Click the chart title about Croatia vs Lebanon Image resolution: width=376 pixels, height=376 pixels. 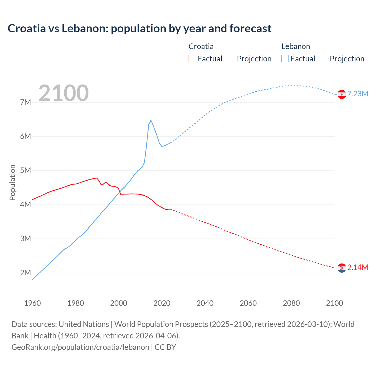[x=140, y=28]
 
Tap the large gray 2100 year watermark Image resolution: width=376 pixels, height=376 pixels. [x=63, y=93]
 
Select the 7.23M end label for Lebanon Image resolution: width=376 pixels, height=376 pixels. [x=357, y=94]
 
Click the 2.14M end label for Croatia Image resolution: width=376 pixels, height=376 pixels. [x=357, y=267]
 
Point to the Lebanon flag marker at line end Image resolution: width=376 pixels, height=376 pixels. [x=342, y=94]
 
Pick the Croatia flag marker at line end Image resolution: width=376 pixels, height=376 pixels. [x=342, y=268]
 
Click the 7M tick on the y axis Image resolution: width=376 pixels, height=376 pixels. [x=26, y=102]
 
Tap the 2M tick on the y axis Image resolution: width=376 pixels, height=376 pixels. [x=26, y=273]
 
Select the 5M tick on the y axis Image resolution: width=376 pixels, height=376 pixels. [x=26, y=170]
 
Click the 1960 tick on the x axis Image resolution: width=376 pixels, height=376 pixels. [x=32, y=303]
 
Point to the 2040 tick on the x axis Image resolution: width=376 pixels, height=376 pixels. [x=205, y=303]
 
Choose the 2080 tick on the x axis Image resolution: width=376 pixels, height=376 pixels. [x=291, y=303]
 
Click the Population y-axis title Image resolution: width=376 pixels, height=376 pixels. [x=12, y=182]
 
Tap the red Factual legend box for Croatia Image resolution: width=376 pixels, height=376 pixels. [x=192, y=58]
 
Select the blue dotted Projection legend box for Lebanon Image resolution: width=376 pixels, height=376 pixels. [x=325, y=58]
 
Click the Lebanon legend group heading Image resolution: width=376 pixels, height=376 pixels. [x=296, y=46]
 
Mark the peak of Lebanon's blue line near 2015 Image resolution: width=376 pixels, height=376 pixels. [x=151, y=120]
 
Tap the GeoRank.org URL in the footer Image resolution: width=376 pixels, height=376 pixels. [x=80, y=347]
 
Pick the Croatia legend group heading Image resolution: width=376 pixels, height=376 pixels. [x=201, y=46]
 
